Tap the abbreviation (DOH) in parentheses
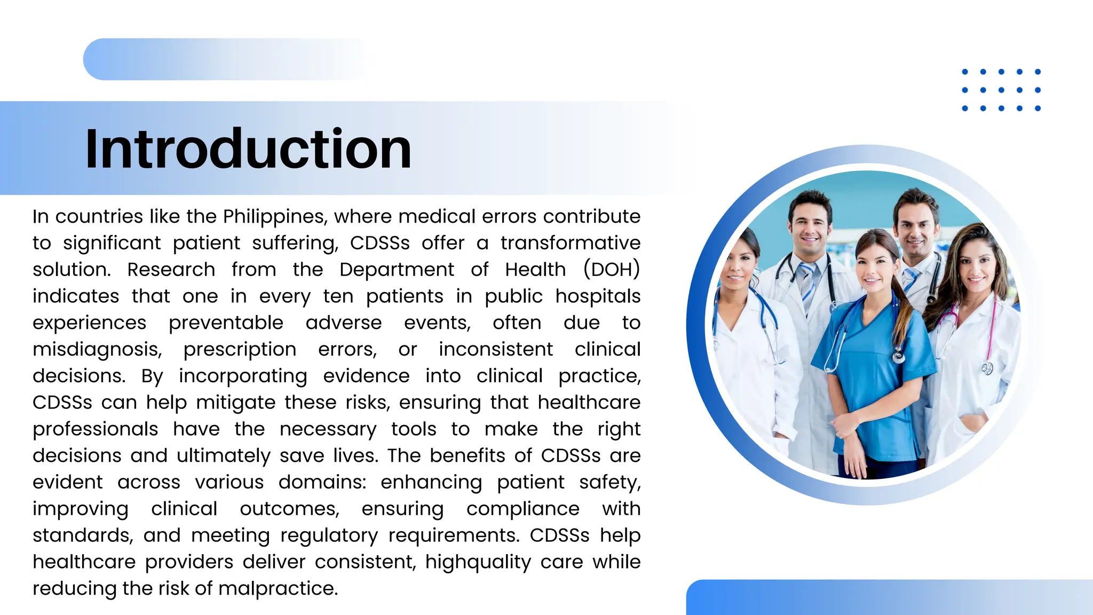[x=611, y=270]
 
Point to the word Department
[x=397, y=270]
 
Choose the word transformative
[x=570, y=243]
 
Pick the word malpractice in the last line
[x=278, y=588]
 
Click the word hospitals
[x=598, y=296]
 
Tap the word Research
[x=171, y=270]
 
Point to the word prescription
[x=240, y=350]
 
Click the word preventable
[x=226, y=323]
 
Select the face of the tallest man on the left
[x=810, y=227]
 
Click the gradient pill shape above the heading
[x=224, y=59]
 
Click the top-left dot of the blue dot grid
[x=964, y=72]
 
